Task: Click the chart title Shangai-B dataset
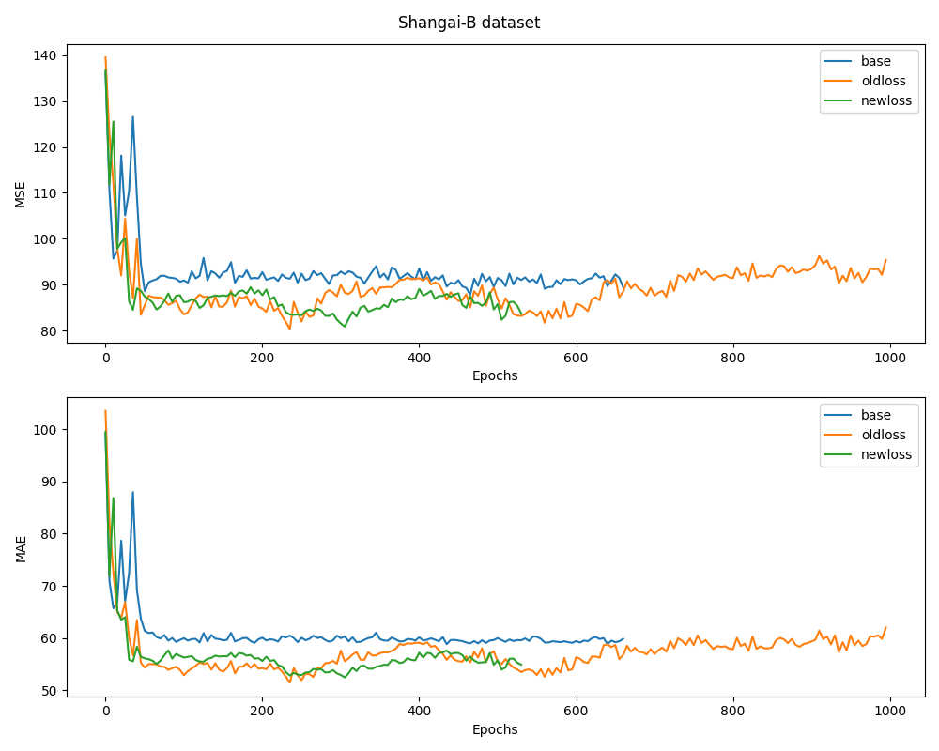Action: (469, 23)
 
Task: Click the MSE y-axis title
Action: (21, 194)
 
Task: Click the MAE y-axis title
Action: (21, 548)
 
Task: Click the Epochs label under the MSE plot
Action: (495, 375)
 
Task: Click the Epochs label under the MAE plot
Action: (495, 729)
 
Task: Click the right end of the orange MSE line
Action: (885, 260)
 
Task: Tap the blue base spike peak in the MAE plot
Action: (132, 492)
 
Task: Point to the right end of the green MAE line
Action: (520, 664)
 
